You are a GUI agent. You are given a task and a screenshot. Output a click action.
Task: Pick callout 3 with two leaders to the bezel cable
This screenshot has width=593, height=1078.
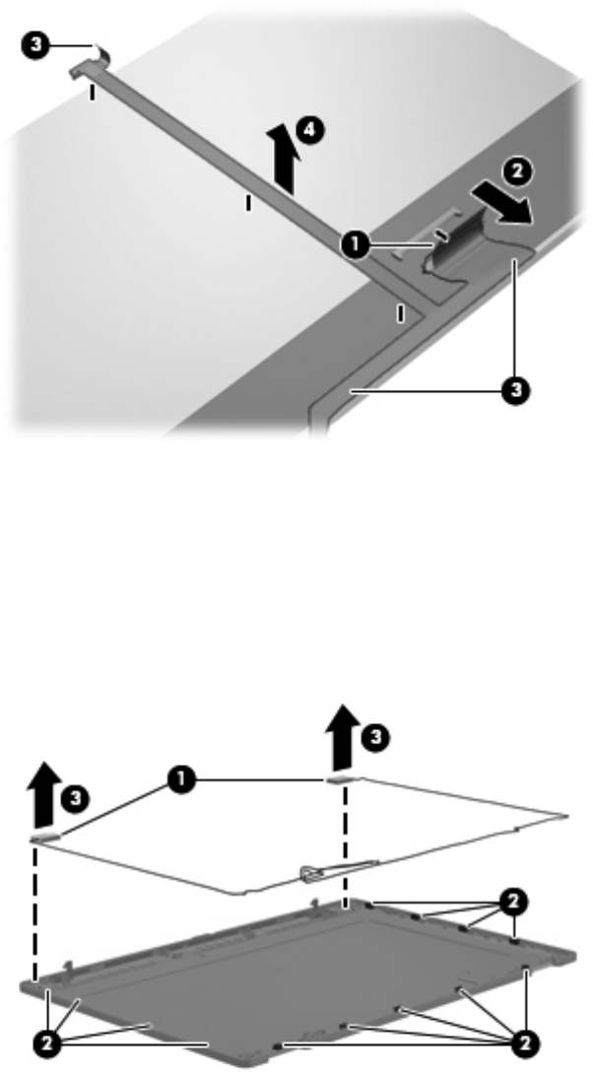click(x=515, y=390)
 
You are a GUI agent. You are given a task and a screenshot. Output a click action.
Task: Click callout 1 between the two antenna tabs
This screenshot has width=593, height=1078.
click(x=180, y=779)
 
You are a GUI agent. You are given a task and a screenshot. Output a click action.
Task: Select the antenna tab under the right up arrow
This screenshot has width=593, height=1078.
click(x=341, y=779)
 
